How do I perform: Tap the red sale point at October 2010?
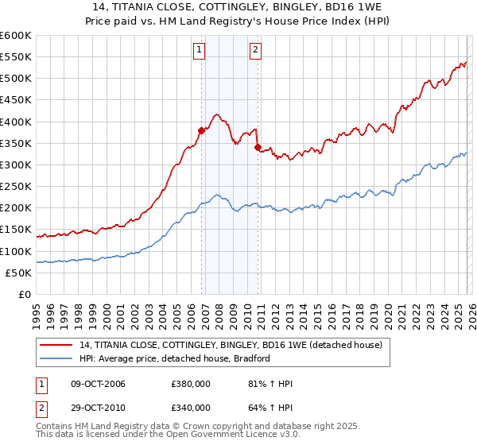[258, 147]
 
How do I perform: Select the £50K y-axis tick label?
[17, 273]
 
